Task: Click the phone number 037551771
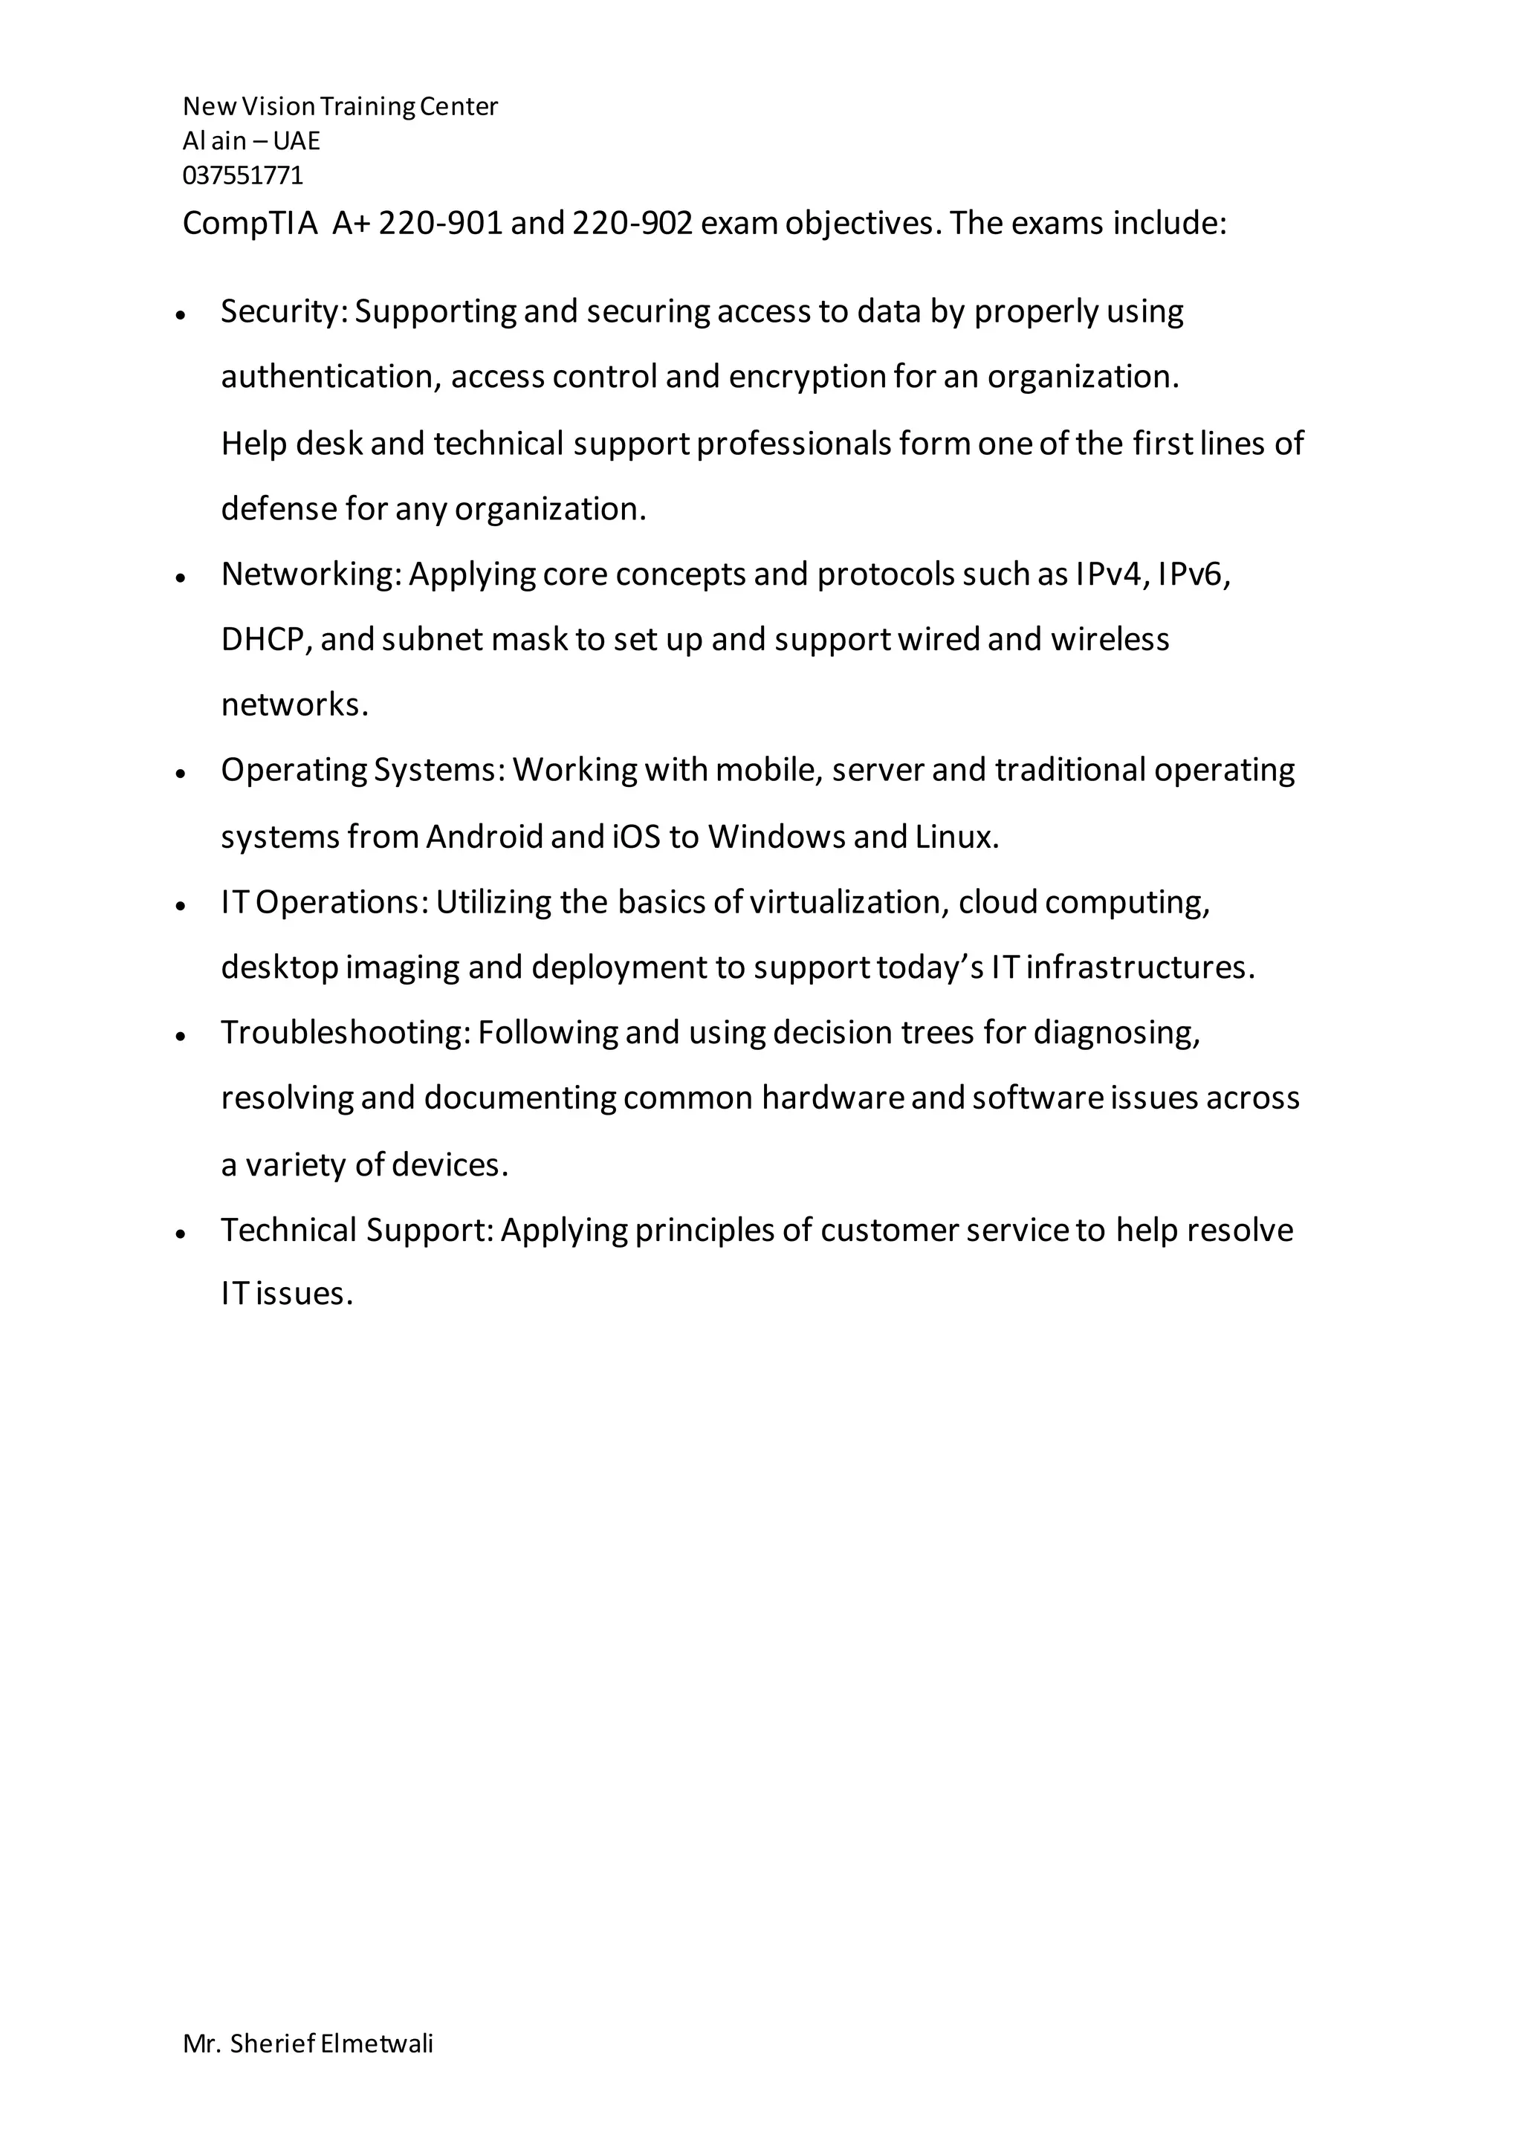[243, 175]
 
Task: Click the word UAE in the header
[297, 140]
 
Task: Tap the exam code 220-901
[439, 223]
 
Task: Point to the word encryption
[807, 377]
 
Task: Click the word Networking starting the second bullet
[308, 574]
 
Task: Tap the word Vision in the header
[279, 107]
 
